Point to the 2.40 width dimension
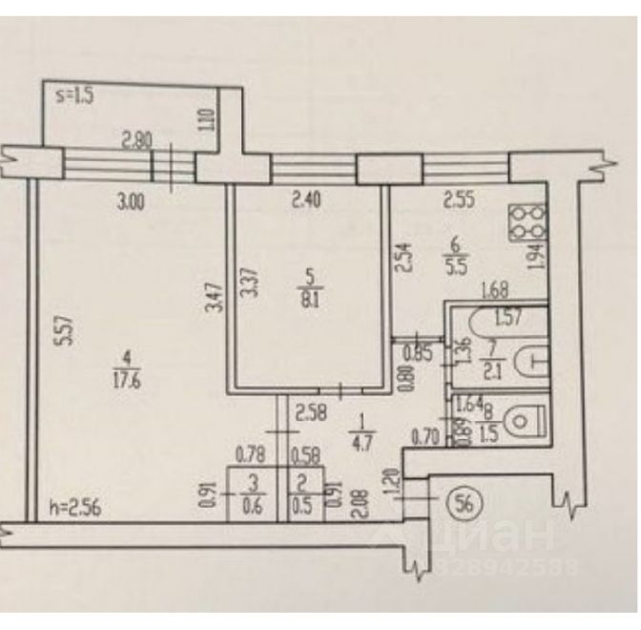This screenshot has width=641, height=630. [x=307, y=200]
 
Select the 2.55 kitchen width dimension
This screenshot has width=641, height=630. [x=458, y=200]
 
